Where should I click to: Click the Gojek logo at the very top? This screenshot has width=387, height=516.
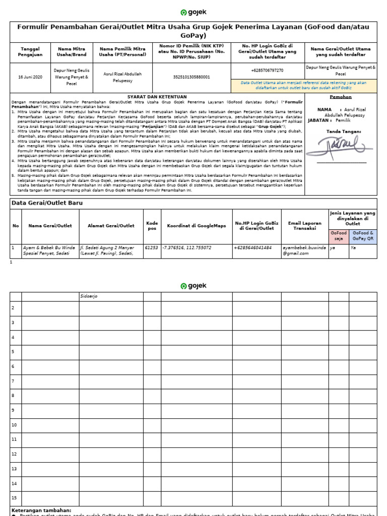[193, 13]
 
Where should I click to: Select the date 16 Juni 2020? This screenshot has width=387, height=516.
[30, 77]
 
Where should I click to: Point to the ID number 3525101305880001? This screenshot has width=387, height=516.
[191, 77]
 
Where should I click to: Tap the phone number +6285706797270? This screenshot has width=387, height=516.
[267, 71]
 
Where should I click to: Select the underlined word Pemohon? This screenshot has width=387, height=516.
[341, 97]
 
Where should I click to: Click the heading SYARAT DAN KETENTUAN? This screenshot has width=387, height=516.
[157, 97]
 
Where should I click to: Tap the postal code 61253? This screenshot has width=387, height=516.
[151, 248]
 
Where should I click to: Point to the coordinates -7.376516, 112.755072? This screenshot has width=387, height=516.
[187, 248]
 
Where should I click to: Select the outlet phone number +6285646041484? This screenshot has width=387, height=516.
[253, 248]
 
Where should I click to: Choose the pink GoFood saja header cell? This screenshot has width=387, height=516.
[338, 236]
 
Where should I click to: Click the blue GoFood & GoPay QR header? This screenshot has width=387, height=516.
[363, 236]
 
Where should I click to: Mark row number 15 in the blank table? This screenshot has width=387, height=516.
[15, 498]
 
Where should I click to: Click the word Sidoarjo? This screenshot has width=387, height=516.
[89, 296]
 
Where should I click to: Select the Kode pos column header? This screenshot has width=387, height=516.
[152, 226]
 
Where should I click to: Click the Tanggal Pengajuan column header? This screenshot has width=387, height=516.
[30, 52]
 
